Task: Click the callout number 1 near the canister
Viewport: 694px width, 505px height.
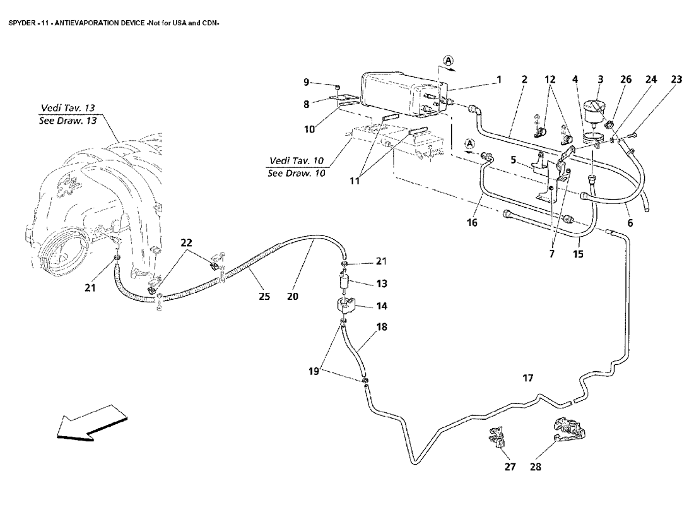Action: [498, 80]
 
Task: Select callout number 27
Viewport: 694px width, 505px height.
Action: [510, 468]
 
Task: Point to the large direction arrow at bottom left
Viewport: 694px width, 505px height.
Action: [85, 422]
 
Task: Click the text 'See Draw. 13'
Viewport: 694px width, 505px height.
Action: [68, 121]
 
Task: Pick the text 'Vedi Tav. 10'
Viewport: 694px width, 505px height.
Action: [296, 160]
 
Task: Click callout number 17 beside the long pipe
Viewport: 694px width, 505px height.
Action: [528, 378]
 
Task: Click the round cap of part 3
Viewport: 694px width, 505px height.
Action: [597, 105]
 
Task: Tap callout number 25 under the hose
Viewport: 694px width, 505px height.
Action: [265, 296]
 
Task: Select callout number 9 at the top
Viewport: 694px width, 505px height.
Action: [307, 82]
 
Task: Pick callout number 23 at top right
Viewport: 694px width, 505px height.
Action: [677, 80]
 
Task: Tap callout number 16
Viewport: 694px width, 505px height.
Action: [473, 223]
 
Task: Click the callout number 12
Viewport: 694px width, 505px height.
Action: [551, 80]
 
